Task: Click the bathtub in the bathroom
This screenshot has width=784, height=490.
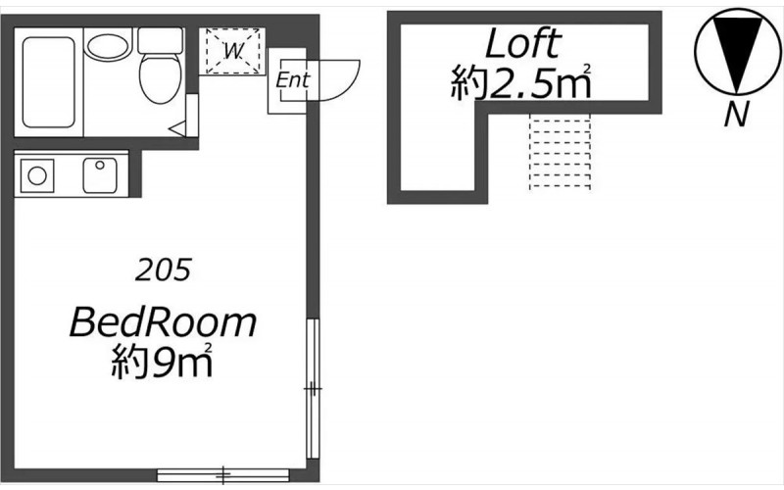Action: (x=48, y=82)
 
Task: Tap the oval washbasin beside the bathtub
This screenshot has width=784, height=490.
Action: (x=108, y=46)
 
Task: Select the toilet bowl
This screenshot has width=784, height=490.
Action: (x=160, y=78)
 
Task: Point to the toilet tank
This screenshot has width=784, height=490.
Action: (x=160, y=40)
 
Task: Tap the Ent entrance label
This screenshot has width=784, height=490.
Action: (x=293, y=79)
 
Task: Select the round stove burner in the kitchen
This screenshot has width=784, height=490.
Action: (x=37, y=175)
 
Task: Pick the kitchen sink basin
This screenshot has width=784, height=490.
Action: (x=100, y=175)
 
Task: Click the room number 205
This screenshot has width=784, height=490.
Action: (x=163, y=270)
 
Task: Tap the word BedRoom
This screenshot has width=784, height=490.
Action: (x=163, y=322)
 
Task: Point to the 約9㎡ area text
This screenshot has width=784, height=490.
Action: (x=162, y=361)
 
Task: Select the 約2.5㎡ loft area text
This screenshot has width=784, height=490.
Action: (x=521, y=82)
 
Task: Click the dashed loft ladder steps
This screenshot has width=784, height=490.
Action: (x=560, y=152)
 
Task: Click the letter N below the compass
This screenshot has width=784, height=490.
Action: (x=737, y=114)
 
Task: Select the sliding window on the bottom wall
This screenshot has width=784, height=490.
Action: (x=223, y=475)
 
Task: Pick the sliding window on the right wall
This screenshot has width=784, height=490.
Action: (x=313, y=389)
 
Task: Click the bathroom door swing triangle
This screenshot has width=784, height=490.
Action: (x=179, y=128)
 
